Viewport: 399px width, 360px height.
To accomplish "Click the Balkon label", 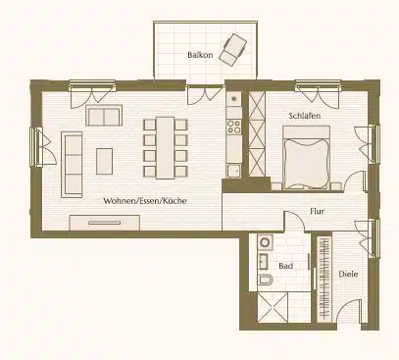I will tap(200, 56).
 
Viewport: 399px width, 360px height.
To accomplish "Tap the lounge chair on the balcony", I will tap(235, 48).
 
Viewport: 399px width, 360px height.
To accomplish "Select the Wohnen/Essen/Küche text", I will tap(144, 200).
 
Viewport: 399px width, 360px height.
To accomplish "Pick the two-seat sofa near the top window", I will tap(102, 117).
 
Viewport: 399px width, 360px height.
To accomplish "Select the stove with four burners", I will tap(234, 127).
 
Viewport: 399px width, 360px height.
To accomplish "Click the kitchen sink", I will tap(233, 171).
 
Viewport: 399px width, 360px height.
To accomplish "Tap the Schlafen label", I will tap(303, 116).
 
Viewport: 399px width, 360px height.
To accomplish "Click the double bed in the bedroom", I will tap(307, 161).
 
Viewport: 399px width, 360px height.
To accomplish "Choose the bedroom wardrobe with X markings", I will tap(258, 137).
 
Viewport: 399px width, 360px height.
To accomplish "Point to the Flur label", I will tap(318, 210).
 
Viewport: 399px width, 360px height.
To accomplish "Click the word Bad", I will tap(285, 266).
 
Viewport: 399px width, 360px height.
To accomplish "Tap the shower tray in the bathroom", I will tap(274, 308).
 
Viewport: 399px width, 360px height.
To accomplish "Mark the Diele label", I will tap(348, 274).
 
